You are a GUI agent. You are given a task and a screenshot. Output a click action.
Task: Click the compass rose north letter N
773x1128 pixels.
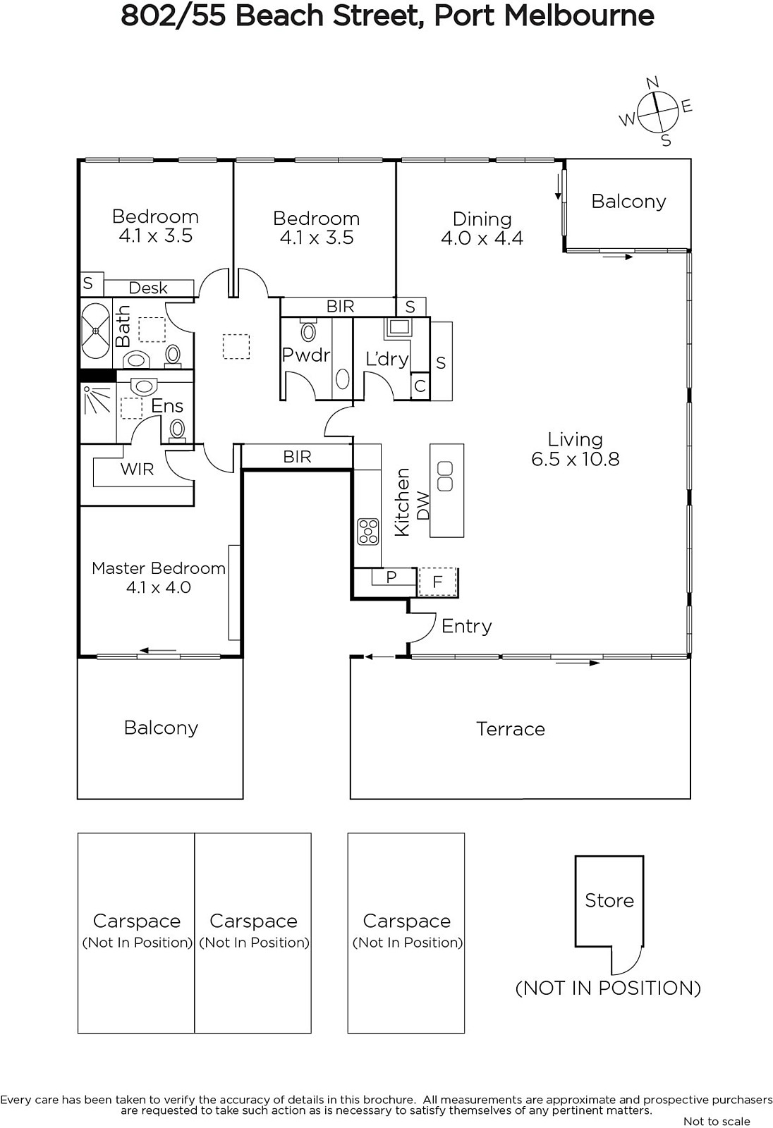point(652,82)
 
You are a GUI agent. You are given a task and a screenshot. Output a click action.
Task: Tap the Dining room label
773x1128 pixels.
point(482,219)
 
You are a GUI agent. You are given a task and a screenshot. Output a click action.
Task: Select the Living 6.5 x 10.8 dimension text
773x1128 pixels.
point(575,459)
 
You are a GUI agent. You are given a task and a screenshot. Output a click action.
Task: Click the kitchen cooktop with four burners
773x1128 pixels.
point(368,532)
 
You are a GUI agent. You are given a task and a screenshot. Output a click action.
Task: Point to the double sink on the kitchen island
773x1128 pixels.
point(445,477)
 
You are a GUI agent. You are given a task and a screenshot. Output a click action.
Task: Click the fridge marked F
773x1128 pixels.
point(437,582)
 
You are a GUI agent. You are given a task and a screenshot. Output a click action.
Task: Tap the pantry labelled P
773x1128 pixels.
point(391,577)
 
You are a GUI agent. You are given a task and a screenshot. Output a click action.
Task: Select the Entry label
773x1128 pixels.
point(467,626)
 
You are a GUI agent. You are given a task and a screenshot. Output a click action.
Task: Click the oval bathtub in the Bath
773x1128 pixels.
point(96,331)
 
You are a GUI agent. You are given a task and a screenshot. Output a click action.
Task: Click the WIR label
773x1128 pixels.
point(137,469)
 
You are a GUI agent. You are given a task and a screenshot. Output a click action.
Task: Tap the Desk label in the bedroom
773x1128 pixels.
point(148,288)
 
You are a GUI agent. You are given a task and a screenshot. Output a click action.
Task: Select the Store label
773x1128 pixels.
point(609,900)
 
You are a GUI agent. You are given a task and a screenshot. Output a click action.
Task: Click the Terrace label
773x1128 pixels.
point(511,729)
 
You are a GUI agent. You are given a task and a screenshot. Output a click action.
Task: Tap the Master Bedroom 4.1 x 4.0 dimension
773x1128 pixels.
point(158,587)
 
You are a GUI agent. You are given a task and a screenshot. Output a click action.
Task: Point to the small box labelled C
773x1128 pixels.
point(420,386)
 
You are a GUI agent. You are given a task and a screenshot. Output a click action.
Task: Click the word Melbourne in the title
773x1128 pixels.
point(579,16)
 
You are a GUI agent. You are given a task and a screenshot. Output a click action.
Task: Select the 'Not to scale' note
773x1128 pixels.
point(717,1121)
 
